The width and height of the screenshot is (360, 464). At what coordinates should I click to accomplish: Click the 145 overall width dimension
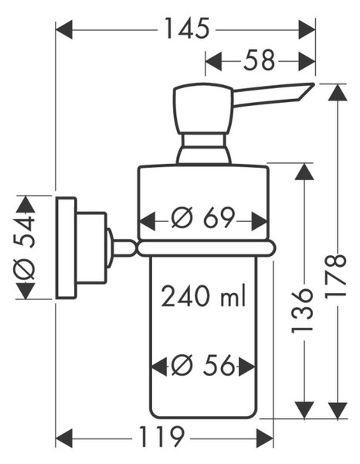(x=186, y=29)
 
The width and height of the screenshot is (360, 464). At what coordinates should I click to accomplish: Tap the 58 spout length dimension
(x=260, y=60)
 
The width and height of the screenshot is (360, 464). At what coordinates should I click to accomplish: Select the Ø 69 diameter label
(x=203, y=218)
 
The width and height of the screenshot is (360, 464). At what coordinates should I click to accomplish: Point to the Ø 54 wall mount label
(x=25, y=247)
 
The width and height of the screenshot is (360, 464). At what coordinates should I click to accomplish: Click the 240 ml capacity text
(x=204, y=295)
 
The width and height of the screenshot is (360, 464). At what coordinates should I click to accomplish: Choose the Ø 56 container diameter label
(x=203, y=365)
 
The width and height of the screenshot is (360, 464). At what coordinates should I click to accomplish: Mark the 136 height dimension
(x=302, y=312)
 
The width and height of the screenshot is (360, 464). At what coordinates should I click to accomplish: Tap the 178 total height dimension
(x=335, y=276)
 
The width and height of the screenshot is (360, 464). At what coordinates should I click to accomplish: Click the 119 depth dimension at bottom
(x=162, y=438)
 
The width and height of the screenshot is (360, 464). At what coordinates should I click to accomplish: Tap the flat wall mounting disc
(x=66, y=247)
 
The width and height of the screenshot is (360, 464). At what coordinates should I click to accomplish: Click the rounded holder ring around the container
(x=206, y=248)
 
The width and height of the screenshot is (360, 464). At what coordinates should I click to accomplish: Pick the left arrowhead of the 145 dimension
(x=64, y=29)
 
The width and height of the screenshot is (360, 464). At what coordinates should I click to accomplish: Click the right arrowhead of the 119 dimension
(x=265, y=438)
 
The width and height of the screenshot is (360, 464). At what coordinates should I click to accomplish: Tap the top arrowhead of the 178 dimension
(x=338, y=92)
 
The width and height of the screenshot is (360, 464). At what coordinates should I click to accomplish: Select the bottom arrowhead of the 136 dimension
(x=304, y=411)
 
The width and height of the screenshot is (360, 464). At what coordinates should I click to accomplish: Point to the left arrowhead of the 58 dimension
(x=213, y=62)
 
